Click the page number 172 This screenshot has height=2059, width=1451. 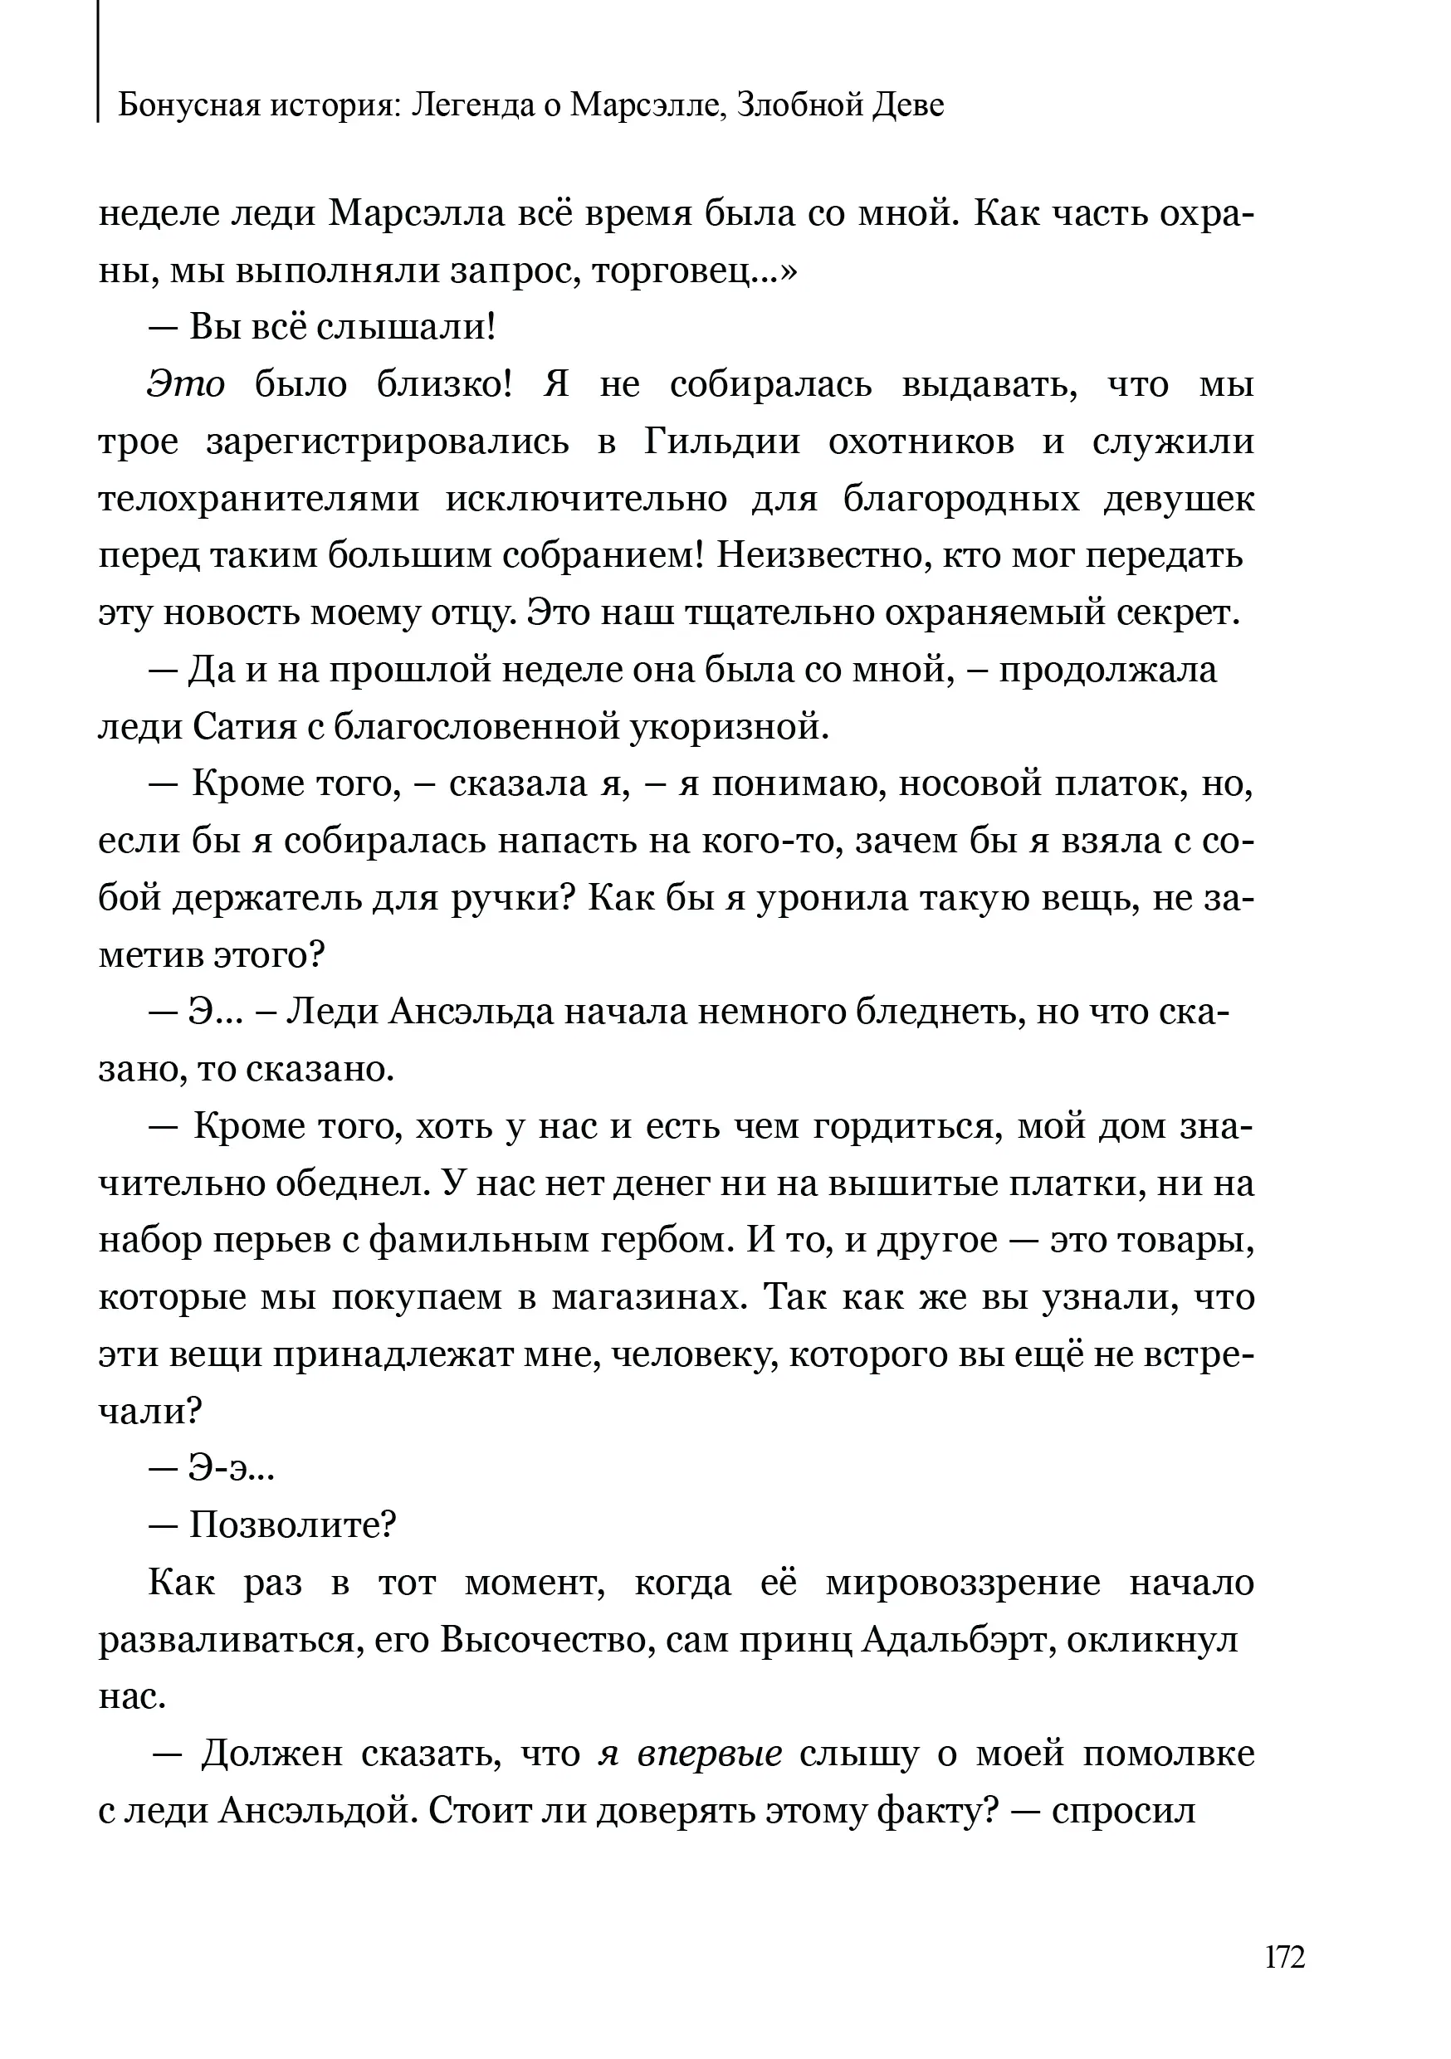[1284, 1957]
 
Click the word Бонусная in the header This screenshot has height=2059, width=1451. [178, 106]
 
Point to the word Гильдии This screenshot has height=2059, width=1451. [722, 442]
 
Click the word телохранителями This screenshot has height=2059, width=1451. [258, 500]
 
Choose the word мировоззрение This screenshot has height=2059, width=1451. [962, 1583]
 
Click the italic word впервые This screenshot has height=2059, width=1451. [710, 1754]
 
